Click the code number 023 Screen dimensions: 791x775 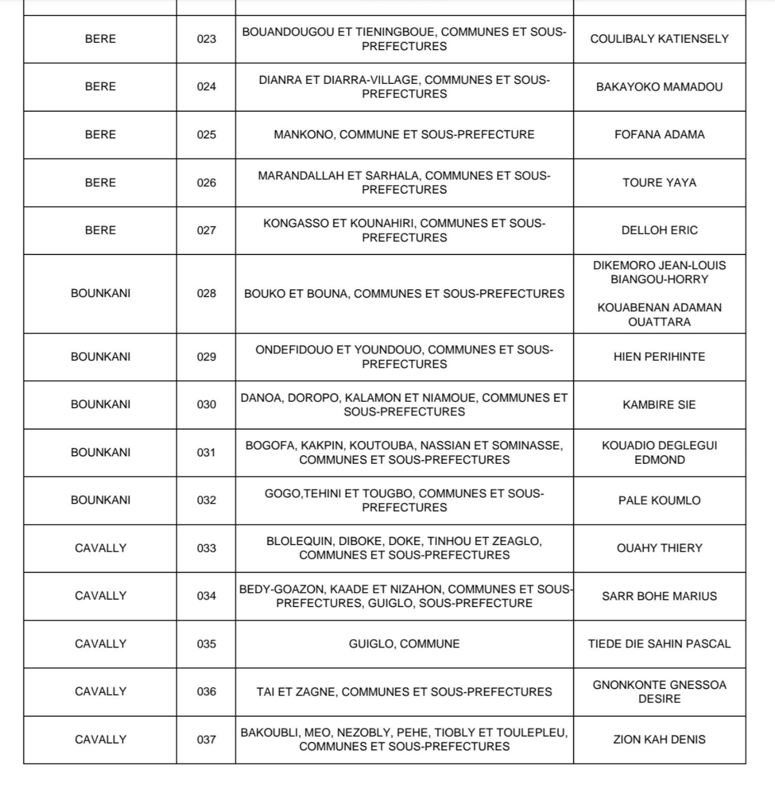click(206, 39)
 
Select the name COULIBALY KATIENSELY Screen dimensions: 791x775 click(659, 39)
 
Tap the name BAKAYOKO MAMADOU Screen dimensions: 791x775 click(659, 87)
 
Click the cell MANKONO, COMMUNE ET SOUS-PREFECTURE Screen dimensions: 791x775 click(404, 135)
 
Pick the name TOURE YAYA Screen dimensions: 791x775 click(659, 182)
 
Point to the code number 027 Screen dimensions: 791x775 click(206, 230)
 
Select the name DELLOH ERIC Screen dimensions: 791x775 click(659, 230)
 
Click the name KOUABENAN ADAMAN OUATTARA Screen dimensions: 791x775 click(659, 314)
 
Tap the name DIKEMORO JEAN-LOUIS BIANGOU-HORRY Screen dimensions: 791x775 click(659, 272)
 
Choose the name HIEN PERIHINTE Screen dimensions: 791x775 click(659, 357)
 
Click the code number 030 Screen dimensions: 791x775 click(206, 404)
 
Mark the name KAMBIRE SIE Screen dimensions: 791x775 click(659, 405)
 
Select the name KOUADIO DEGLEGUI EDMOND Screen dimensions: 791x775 click(659, 453)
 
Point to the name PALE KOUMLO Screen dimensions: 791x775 click(659, 500)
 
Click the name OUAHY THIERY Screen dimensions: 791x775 click(659, 548)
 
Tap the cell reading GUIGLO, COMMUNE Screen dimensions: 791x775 click(404, 644)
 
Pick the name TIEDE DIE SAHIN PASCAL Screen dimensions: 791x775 click(659, 644)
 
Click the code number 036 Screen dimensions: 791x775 click(206, 691)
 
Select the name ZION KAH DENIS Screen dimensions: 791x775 click(659, 739)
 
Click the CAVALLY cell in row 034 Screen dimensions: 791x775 click(100, 595)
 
